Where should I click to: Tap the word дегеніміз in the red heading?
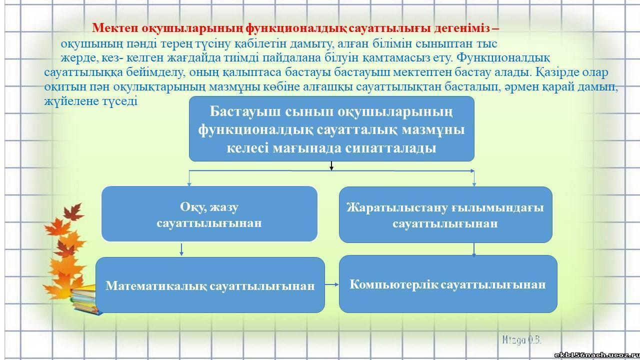tap(458, 27)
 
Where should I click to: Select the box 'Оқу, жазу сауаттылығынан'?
tap(209, 214)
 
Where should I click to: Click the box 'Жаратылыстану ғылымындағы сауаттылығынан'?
tap(445, 214)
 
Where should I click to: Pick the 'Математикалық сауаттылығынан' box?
tap(210, 285)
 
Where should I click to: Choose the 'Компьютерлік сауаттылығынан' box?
tap(447, 284)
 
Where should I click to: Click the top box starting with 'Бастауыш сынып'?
tap(331, 128)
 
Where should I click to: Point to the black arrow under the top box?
tap(331, 166)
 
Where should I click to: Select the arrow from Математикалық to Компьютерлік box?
tap(331, 284)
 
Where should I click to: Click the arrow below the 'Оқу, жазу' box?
tap(181, 249)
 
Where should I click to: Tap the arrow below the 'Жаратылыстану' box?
tap(473, 249)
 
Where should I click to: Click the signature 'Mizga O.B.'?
tap(521, 339)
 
